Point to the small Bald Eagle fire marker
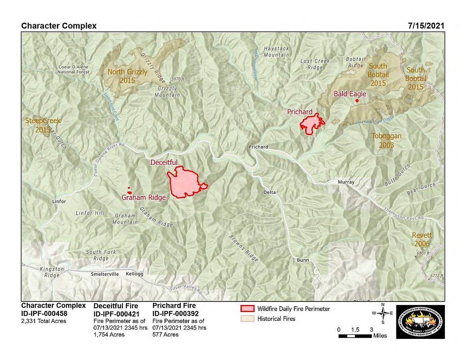click(357, 101)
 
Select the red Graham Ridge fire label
click(143, 198)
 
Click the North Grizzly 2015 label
click(127, 76)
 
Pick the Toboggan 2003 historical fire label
click(386, 140)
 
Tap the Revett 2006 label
click(422, 239)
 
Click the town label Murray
click(346, 182)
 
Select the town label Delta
click(269, 192)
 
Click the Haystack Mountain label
click(276, 51)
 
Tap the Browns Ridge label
click(244, 248)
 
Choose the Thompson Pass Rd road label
click(404, 214)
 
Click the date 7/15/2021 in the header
click(426, 26)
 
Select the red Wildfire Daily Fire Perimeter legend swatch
click(247, 309)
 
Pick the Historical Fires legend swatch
click(247, 319)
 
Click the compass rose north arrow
click(383, 313)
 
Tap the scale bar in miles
click(355, 336)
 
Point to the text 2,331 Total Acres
click(44, 321)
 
